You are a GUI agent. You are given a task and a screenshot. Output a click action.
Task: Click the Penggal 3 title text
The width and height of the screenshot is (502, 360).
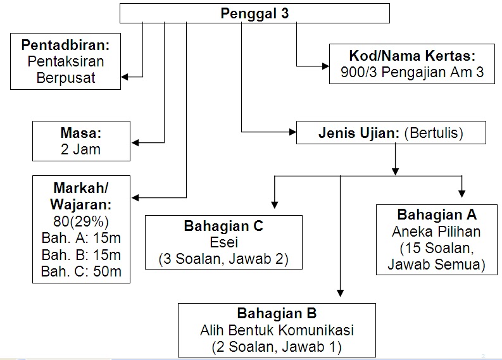[254, 13]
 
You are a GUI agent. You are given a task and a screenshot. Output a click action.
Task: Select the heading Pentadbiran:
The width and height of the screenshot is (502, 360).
[66, 46]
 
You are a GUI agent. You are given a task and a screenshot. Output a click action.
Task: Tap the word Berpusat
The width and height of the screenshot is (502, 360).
[66, 77]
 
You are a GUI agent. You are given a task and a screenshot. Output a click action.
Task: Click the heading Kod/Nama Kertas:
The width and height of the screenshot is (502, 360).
[412, 55]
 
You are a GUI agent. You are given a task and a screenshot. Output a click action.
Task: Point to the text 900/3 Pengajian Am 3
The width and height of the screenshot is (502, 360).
[412, 72]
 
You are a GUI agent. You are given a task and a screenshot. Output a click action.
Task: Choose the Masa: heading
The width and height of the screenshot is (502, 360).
[81, 133]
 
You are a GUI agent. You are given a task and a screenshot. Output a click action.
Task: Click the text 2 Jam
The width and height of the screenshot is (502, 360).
[81, 150]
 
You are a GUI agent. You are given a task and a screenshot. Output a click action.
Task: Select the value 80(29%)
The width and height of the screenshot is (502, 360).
[81, 221]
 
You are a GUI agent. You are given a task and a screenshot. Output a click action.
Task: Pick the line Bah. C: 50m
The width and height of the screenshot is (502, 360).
[81, 273]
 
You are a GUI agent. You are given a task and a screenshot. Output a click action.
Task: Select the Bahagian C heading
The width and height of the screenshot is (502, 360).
[223, 226]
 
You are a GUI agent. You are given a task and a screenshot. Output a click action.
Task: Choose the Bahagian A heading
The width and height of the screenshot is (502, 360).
[437, 214]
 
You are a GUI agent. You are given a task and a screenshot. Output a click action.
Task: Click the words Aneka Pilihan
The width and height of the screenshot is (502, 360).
[437, 231]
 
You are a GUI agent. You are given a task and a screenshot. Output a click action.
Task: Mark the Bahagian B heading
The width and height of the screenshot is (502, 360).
[277, 313]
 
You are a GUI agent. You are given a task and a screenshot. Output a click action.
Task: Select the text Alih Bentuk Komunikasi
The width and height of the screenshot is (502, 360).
[277, 330]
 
